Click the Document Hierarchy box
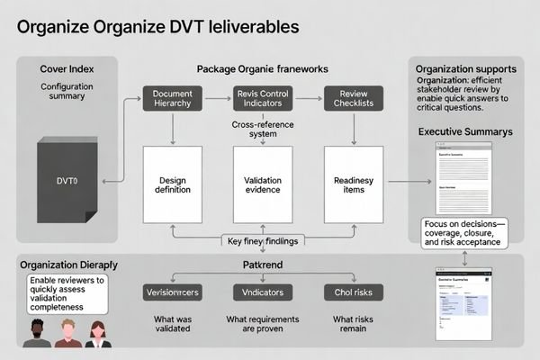coord(173,99)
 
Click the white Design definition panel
coord(173,184)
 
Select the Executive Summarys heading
coord(463,132)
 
